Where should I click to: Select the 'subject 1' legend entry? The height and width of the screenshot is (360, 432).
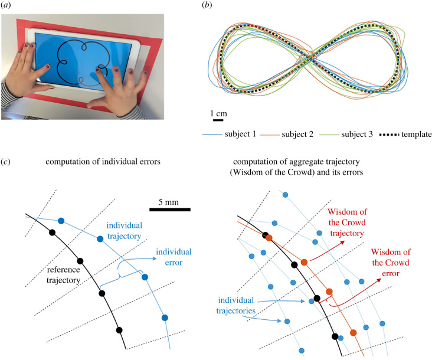(x=253, y=135)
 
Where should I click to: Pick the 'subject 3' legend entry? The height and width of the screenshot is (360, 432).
(x=373, y=135)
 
